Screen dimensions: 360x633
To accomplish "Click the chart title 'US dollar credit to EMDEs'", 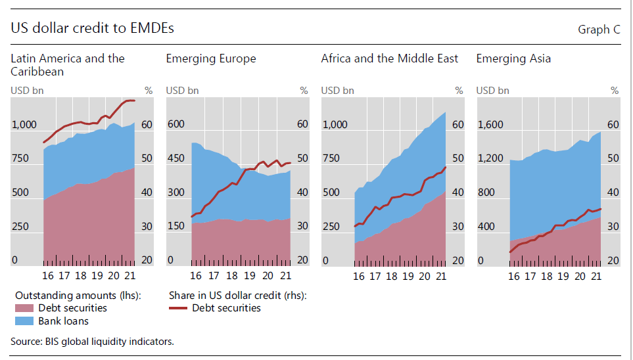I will click(92, 28).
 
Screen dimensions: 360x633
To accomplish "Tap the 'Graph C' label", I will click(599, 30).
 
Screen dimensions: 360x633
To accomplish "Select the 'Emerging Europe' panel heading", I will click(211, 58).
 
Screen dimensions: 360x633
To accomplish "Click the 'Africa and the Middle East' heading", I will click(390, 58).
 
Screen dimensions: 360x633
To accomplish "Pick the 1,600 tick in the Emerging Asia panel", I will click(490, 125).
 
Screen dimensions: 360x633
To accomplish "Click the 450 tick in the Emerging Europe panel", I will click(175, 158).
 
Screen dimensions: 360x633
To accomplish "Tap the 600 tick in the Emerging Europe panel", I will click(175, 125).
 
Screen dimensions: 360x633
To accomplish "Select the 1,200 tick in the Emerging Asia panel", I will click(490, 158).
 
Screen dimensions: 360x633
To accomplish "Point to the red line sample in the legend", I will click(178, 308).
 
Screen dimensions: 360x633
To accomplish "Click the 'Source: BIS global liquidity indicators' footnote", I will click(92, 341).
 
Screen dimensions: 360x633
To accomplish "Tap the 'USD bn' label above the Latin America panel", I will click(27, 91).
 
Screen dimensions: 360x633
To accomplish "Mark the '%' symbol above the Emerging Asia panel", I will click(614, 91).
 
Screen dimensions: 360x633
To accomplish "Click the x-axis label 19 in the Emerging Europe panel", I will click(250, 276).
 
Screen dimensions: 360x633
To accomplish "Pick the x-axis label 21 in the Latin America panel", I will click(130, 276).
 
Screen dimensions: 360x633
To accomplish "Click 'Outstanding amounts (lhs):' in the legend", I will click(78, 296).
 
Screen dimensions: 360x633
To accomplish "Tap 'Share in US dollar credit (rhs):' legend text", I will click(238, 296).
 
